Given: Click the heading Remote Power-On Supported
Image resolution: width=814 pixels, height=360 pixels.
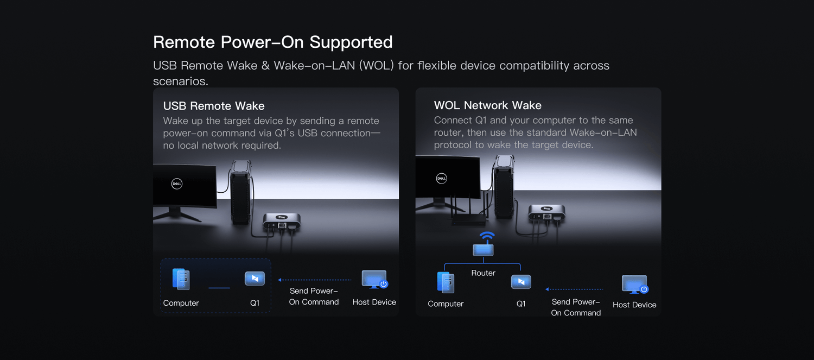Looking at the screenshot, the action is click(273, 42).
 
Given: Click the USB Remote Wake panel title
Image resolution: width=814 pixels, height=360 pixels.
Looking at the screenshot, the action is click(214, 106).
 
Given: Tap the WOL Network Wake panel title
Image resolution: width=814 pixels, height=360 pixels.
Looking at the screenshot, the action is click(488, 105).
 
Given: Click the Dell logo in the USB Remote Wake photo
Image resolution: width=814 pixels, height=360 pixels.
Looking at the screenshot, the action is click(177, 184).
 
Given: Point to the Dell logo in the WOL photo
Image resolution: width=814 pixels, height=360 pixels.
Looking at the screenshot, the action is click(442, 178).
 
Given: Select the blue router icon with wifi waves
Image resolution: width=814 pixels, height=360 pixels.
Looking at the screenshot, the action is click(484, 244).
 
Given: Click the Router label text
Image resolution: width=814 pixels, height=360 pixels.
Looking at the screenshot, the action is click(484, 273).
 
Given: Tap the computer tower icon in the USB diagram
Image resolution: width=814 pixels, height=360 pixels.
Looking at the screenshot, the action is click(181, 279).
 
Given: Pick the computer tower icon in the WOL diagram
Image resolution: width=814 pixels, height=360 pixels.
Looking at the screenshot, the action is click(446, 282).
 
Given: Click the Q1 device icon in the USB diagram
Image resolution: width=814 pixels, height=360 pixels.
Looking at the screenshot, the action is click(255, 279).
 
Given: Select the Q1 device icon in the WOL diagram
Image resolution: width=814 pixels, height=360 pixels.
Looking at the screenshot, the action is click(521, 282).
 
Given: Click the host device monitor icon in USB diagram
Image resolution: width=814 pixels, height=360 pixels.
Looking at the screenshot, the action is click(374, 279).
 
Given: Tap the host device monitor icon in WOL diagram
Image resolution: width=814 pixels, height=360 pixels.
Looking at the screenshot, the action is click(635, 284).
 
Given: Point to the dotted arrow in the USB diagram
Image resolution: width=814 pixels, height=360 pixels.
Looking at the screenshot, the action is click(315, 280).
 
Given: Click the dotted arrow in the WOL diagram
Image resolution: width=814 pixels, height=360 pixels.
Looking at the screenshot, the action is click(574, 289).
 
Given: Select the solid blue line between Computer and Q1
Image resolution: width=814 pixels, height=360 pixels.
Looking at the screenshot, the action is click(219, 288).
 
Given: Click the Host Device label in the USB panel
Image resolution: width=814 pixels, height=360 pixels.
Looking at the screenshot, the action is click(374, 302).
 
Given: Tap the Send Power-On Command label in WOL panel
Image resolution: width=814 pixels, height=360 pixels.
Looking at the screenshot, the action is click(576, 307).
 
